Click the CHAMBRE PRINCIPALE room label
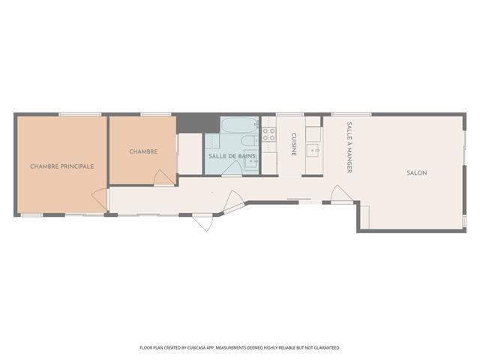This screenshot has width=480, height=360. click(61, 166)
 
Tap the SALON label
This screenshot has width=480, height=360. click(417, 173)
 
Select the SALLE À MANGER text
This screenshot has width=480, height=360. click(349, 148)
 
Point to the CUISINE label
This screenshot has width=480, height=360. click(293, 144)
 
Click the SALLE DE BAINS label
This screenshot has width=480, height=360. click(232, 156)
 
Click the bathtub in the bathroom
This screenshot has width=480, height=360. click(240, 125)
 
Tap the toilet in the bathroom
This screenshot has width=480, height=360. click(250, 141)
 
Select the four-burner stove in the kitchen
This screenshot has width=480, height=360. click(268, 135)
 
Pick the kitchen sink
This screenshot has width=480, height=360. click(313, 151)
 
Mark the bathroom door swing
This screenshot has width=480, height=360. click(232, 168)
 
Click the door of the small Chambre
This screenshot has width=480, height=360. click(163, 178)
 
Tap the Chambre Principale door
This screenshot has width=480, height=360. click(100, 199)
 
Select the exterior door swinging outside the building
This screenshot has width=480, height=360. click(202, 223)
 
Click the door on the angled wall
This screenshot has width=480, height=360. click(234, 201)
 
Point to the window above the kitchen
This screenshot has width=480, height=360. click(290, 115)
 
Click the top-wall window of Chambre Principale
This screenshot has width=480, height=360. click(80, 115)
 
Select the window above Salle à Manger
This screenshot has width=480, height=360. click(352, 115)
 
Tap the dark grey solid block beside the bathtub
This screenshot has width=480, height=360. click(198, 123)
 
